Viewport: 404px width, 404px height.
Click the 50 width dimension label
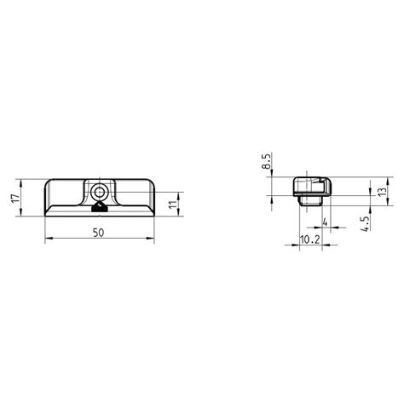tap(99, 233)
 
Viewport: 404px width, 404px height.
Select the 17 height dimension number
tap(16, 198)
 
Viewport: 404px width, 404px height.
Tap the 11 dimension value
tap(173, 205)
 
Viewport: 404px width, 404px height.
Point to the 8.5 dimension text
tap(267, 163)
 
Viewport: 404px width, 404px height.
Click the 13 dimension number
tap(383, 191)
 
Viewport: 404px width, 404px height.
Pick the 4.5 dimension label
tap(365, 223)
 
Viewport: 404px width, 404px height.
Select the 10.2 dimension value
tap(310, 240)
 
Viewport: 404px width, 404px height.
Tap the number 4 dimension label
tap(326, 222)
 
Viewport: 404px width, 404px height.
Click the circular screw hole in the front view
tap(99, 193)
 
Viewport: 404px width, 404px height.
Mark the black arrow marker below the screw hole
tap(99, 207)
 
